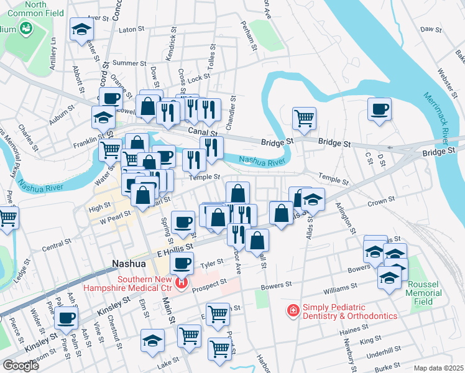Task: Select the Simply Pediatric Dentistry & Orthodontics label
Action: pos(349,311)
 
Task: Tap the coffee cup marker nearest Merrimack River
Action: pos(379,110)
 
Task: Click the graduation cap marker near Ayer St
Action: pos(81,29)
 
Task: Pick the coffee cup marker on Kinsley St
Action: pos(67,318)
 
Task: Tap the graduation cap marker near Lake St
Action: pos(152,341)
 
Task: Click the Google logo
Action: pos(21,366)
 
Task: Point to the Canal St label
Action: pos(204,132)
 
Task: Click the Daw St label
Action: pos(430,29)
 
